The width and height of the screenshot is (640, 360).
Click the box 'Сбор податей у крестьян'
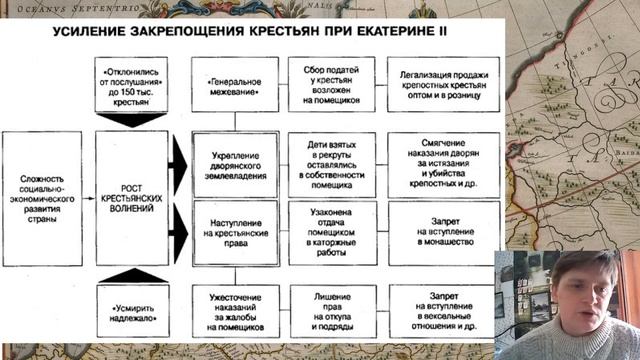click(x=332, y=84)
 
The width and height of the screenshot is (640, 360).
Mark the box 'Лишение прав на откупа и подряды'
click(x=332, y=310)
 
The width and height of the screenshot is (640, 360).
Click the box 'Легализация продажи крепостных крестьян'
click(x=437, y=84)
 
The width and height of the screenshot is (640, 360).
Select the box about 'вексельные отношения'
click(x=437, y=310)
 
